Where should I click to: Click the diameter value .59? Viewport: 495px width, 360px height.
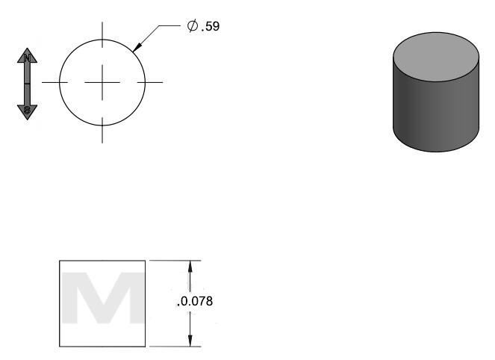click(x=211, y=26)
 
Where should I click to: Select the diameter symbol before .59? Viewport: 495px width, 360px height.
click(x=193, y=25)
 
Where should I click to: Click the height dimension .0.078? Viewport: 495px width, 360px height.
click(x=195, y=301)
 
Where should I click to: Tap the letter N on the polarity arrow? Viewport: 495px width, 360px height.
click(x=27, y=58)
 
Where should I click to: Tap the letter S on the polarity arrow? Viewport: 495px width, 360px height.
click(x=27, y=110)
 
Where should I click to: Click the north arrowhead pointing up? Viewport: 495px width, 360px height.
click(x=27, y=55)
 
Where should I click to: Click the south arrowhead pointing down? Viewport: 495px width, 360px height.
click(x=27, y=113)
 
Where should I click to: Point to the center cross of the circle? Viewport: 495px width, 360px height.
click(x=102, y=82)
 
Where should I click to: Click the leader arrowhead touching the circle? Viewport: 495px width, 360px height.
click(x=137, y=47)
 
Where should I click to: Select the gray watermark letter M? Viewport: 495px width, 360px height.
click(x=102, y=298)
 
